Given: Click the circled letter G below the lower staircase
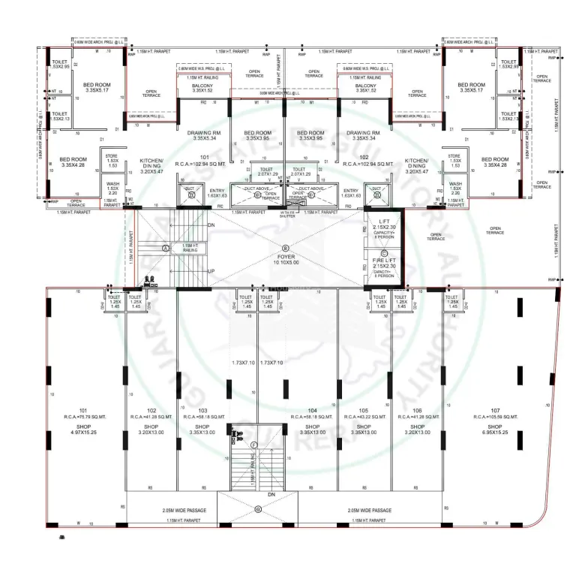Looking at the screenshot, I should [x=257, y=509].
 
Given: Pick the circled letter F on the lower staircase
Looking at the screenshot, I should [x=254, y=445].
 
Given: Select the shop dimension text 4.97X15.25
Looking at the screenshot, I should [x=83, y=433].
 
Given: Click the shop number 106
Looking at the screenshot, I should [x=418, y=410].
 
